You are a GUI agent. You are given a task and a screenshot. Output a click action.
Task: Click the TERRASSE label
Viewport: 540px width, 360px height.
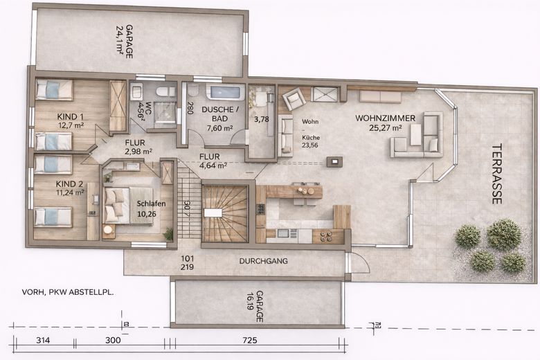tap(496, 174)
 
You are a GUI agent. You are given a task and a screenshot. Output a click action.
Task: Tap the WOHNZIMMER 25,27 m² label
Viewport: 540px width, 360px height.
tap(386, 123)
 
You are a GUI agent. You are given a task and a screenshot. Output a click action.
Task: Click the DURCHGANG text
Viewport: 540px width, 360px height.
tap(263, 261)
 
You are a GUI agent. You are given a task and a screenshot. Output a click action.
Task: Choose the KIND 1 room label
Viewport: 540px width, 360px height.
tap(71, 120)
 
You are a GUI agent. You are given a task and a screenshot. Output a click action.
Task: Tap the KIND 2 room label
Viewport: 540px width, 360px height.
tap(71, 188)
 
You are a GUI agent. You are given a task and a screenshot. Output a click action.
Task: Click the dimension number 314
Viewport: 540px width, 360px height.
tap(44, 341)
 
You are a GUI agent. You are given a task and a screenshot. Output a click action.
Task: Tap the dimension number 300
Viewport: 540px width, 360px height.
tap(113, 341)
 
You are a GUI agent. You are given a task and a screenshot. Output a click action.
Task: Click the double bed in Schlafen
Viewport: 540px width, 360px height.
tap(125, 204)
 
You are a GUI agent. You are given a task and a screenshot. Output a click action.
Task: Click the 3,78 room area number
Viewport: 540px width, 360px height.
tap(262, 119)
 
